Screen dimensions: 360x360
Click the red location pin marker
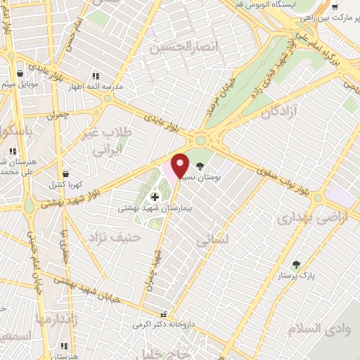[180, 165]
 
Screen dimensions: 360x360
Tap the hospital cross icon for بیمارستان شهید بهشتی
[155, 197]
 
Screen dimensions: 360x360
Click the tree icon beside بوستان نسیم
[202, 167]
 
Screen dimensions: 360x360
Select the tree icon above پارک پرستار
[297, 264]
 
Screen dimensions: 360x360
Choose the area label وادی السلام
[317, 328]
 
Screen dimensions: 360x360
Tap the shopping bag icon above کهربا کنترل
[65, 173]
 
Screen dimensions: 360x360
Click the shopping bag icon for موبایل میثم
[19, 74]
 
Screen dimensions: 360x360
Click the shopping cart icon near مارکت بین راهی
[335, 7]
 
